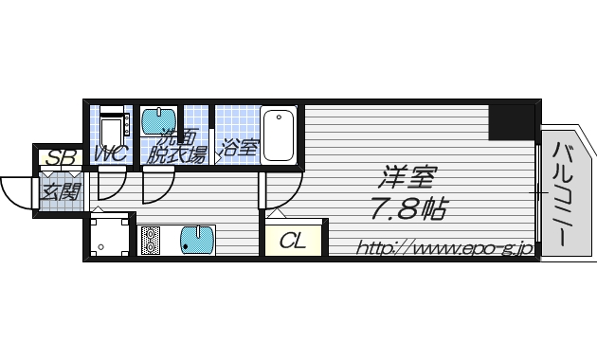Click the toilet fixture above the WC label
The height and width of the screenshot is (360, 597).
point(112,127)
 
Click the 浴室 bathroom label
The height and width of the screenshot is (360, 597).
point(240,148)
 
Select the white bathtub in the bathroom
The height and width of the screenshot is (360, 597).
point(279,135)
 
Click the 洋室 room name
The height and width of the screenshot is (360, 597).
point(404,178)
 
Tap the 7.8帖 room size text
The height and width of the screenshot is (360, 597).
point(408,208)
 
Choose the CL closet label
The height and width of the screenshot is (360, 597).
point(294,240)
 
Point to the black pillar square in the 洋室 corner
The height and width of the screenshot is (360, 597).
point(512,121)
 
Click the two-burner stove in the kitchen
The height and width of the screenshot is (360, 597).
point(152,240)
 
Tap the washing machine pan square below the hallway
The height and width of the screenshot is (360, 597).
point(110,236)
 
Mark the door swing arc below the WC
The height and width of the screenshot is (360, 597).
point(109,184)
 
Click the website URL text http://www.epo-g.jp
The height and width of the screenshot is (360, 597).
point(443,248)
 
